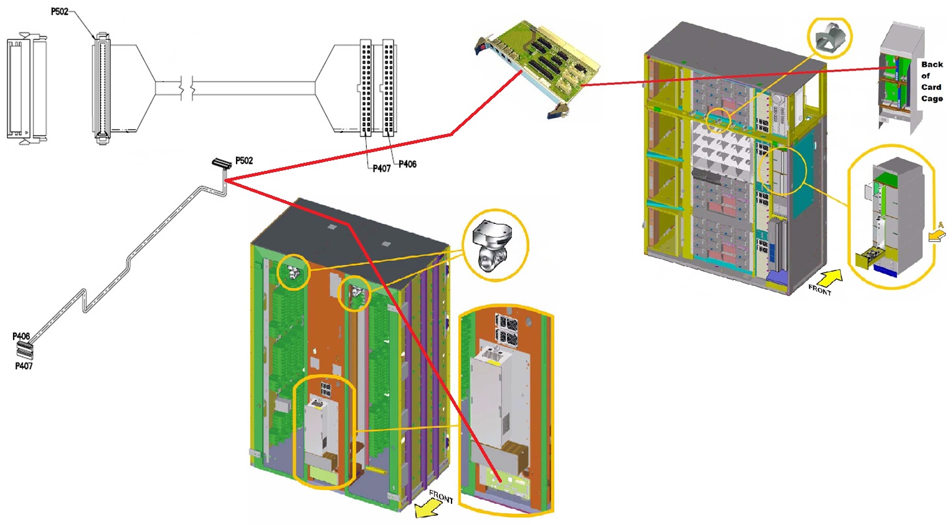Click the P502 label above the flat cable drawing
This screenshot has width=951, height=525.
point(60,11)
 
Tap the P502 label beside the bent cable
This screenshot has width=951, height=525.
point(244,161)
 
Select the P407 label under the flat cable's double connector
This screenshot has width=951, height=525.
point(381,168)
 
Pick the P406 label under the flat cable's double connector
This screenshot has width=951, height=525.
point(407,164)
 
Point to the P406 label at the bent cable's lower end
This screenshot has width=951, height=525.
point(21,336)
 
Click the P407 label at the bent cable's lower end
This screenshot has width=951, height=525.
point(24,366)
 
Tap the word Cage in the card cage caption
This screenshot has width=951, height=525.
point(932,99)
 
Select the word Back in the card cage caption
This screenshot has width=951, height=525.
point(932,64)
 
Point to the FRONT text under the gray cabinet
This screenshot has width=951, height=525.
point(819,289)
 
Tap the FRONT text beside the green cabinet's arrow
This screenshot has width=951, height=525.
point(441,496)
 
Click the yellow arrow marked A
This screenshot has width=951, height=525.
point(936,235)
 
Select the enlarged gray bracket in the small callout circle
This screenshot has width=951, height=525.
point(829,37)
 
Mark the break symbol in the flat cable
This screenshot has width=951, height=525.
point(187,88)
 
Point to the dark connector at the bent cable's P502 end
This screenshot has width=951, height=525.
point(222,163)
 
